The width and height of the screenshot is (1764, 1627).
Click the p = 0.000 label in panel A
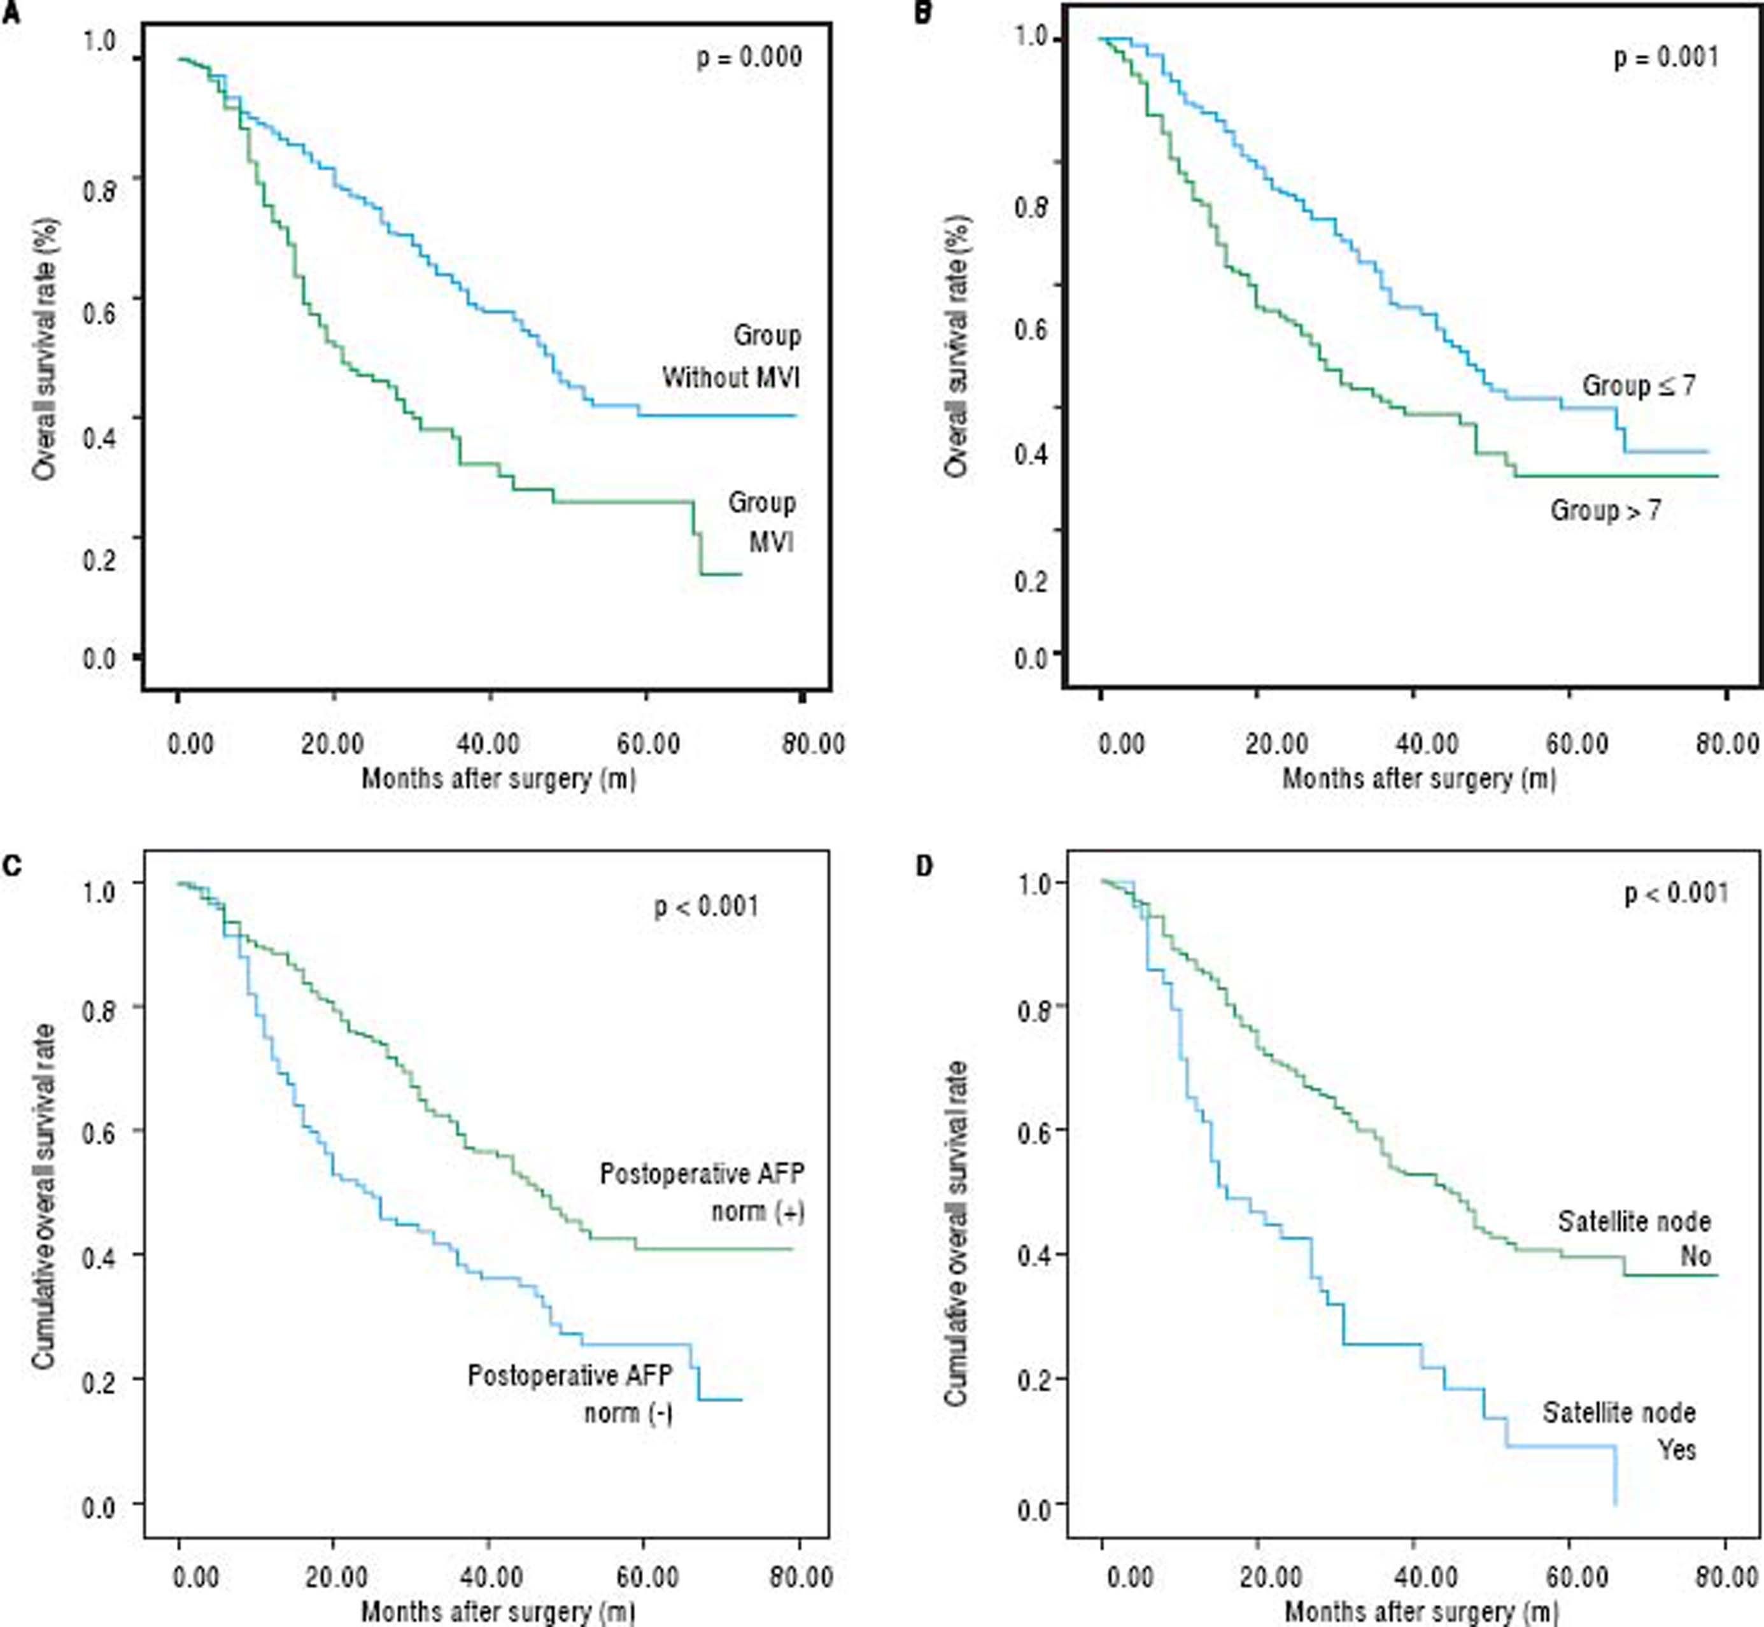[x=749, y=58]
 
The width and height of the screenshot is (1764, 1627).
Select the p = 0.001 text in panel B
[x=1665, y=58]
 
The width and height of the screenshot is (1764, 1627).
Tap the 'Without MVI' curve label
[x=731, y=378]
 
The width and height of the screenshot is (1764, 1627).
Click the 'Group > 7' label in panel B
[x=1605, y=510]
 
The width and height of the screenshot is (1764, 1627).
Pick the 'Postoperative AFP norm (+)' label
[x=702, y=1193]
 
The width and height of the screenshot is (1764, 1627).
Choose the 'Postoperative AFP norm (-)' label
[x=570, y=1394]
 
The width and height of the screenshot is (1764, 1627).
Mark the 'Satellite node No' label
[x=1635, y=1239]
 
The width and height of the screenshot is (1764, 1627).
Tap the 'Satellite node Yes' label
[x=1619, y=1431]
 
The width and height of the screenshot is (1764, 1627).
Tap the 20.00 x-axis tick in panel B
[x=1276, y=744]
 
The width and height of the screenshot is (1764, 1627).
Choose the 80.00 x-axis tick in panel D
[x=1727, y=1576]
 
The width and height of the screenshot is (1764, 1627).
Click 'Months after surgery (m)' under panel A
[x=498, y=778]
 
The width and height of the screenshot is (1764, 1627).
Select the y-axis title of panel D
[x=956, y=1233]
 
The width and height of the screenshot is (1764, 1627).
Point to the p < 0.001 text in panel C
[x=706, y=906]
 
